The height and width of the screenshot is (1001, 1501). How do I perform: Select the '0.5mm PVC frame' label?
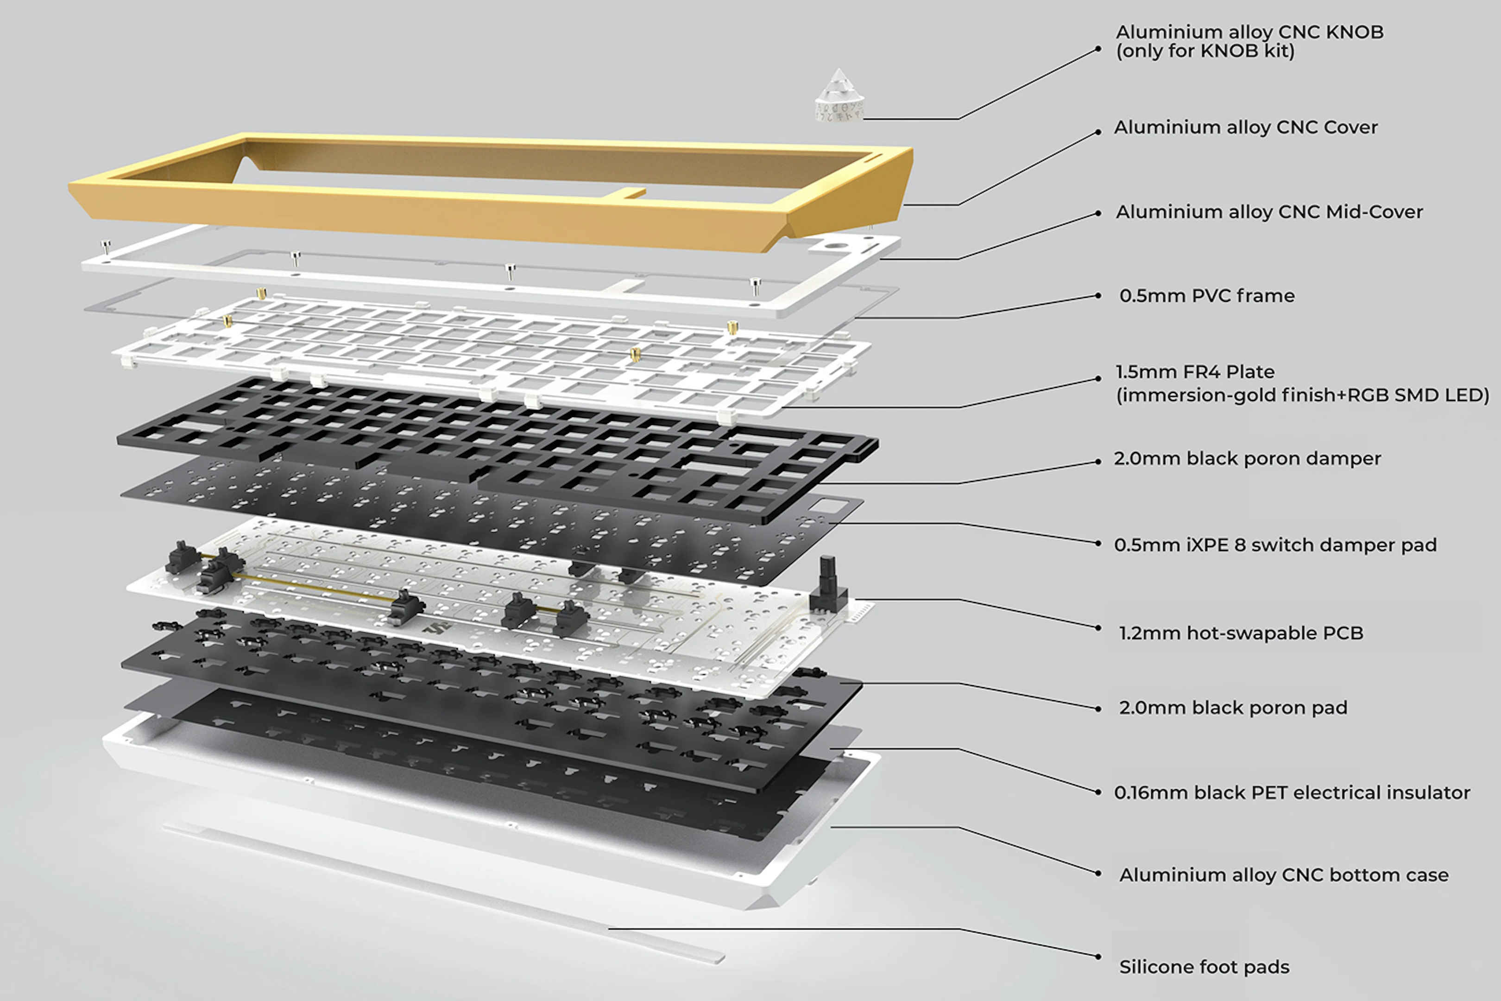pos(1206,296)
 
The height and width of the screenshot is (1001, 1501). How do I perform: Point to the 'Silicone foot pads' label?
pos(1204,967)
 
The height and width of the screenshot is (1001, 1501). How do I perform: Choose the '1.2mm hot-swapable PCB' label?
pos(1241,634)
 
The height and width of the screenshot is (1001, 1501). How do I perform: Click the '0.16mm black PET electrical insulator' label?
pos(1292,793)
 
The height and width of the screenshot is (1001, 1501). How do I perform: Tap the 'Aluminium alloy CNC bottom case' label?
pos(1283,874)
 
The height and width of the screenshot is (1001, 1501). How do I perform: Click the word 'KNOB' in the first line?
pos(1354,32)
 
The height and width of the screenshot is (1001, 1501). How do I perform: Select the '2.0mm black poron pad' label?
pos(1232,708)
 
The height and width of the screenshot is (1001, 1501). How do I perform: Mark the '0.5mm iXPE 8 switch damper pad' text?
pos(1274,545)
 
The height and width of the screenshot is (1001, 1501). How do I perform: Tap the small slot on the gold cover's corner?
pos(874,155)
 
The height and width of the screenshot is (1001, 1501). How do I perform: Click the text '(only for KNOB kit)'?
pos(1205,51)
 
